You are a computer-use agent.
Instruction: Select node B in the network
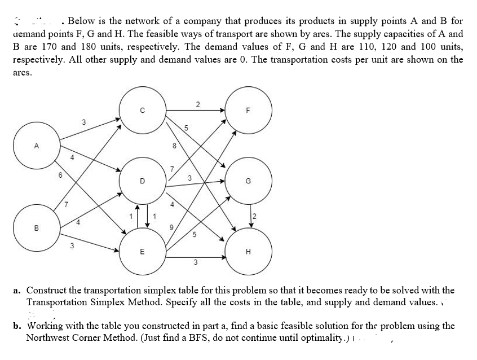[x=37, y=229]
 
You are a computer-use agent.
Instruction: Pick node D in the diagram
[x=142, y=181]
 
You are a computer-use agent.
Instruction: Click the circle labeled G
[x=249, y=182]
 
